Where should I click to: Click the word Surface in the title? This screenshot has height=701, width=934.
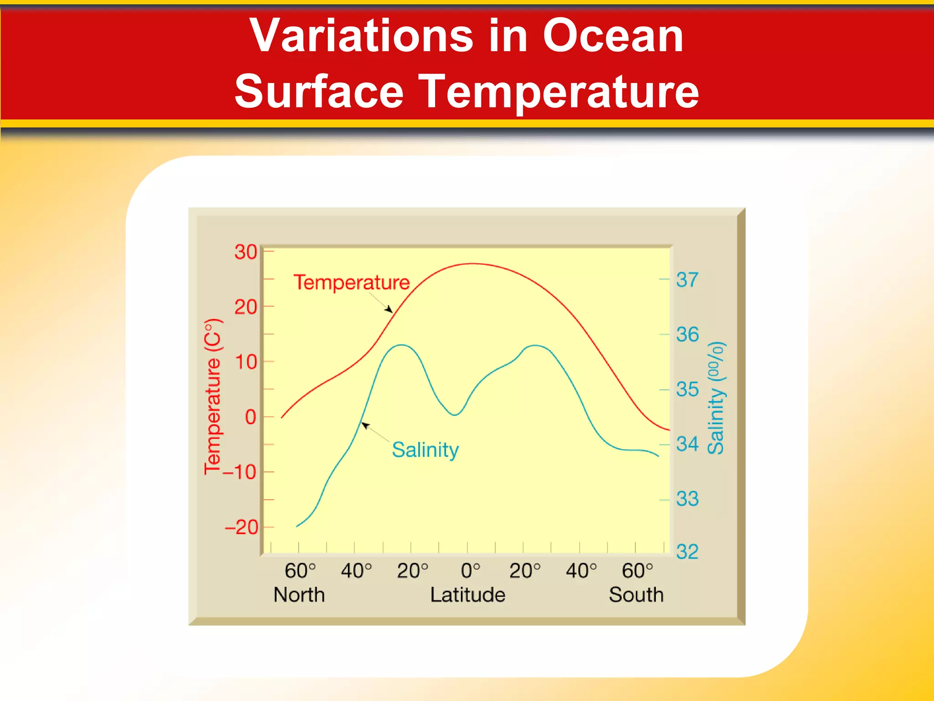319,92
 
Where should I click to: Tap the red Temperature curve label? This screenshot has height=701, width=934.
351,282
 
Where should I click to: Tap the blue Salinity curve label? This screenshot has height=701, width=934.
425,450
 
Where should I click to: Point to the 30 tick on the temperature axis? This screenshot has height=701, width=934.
246,252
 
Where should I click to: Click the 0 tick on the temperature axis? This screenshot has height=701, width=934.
250,417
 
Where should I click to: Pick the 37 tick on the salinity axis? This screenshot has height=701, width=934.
687,280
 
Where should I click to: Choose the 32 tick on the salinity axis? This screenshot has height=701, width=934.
687,552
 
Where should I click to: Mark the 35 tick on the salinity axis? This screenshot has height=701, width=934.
687,389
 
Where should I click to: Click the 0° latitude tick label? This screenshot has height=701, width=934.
470,571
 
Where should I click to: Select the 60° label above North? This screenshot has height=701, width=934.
300,571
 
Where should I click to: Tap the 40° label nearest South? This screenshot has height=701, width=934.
581,571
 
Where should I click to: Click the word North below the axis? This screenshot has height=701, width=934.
299,595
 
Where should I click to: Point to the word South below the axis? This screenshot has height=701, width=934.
636,595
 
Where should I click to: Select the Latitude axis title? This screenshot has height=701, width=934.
467,595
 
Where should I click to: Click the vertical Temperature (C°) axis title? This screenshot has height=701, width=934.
213,397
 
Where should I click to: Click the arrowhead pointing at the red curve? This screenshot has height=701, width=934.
389,310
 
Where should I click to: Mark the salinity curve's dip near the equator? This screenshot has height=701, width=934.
455,414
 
